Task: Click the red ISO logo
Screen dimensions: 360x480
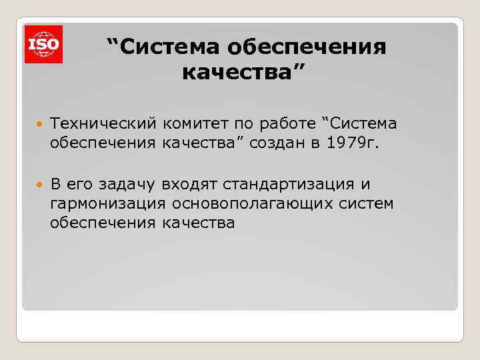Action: [43, 44]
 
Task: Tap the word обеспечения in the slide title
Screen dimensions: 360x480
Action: [307, 47]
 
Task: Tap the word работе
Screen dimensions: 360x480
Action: [287, 123]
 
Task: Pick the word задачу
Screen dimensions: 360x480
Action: [126, 183]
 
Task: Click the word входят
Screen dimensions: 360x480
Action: [191, 183]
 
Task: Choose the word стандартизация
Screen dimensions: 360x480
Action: [291, 183]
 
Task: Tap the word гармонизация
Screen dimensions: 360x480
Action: [107, 203]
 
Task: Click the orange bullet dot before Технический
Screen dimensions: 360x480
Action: [38, 124]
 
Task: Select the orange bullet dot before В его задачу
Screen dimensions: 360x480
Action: [38, 184]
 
